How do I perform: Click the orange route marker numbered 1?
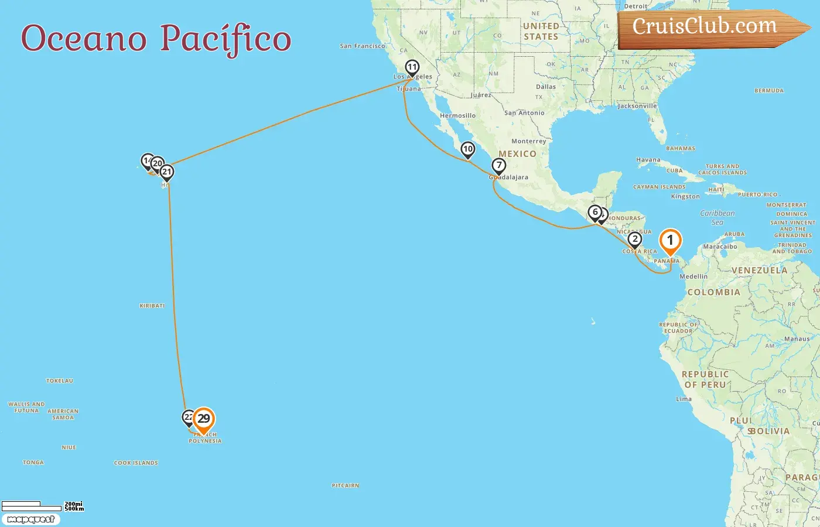(x=670, y=241)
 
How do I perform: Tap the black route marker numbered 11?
(x=412, y=68)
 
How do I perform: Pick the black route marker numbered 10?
(x=467, y=149)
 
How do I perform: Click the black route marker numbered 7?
(x=498, y=166)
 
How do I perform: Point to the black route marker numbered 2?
(x=634, y=239)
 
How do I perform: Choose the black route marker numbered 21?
(x=167, y=172)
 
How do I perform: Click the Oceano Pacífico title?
(x=156, y=39)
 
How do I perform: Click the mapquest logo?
(x=30, y=519)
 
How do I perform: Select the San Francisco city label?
(x=363, y=46)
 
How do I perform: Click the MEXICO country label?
(x=517, y=154)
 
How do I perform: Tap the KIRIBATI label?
(x=152, y=306)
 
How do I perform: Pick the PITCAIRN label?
(x=346, y=485)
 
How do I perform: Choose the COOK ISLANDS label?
(x=136, y=463)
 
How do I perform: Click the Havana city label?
(x=648, y=160)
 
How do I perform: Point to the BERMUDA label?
(x=769, y=91)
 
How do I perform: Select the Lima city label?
(x=684, y=399)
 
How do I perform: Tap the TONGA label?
(x=33, y=463)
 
